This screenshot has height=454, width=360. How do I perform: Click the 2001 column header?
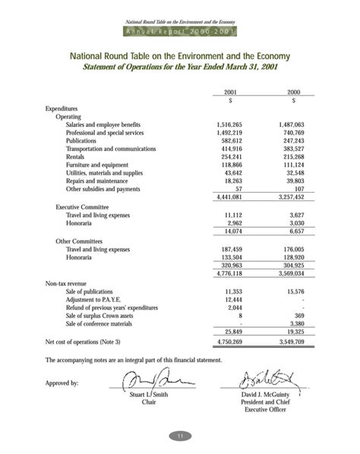coord(229,92)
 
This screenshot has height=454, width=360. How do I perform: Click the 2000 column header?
coord(293,92)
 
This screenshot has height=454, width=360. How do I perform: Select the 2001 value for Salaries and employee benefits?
coord(229,125)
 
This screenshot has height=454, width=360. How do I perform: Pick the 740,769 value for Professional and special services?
coord(292,133)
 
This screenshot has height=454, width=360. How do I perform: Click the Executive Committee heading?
coord(82,207)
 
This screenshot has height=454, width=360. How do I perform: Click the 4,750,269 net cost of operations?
coord(229,342)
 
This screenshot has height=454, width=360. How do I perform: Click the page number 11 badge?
coord(180,436)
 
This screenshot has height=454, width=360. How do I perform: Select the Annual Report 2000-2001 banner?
coord(180,31)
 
